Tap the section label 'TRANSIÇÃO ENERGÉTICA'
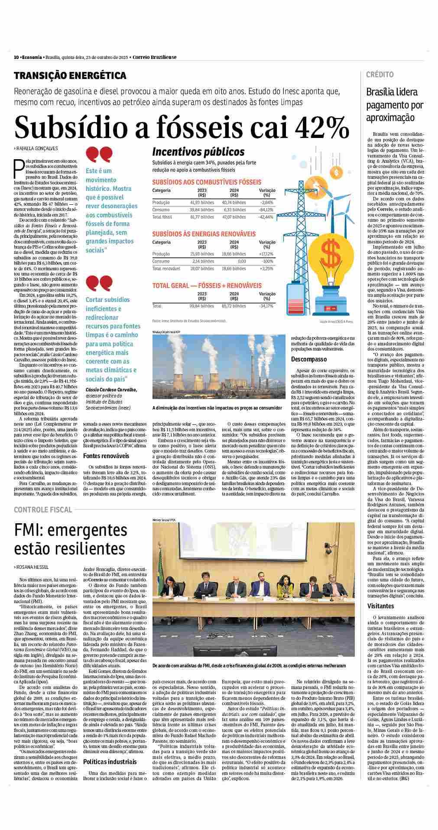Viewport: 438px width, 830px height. (70, 75)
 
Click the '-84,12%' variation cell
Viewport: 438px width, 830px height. (264, 209)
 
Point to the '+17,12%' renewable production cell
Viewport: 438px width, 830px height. (264, 254)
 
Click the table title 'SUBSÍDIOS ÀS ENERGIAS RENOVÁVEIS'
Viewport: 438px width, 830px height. (204, 234)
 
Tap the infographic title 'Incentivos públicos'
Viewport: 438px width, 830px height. (198, 152)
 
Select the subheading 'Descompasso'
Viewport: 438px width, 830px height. (309, 359)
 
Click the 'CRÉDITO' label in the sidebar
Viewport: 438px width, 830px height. (380, 75)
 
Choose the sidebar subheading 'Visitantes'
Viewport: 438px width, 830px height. (381, 606)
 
